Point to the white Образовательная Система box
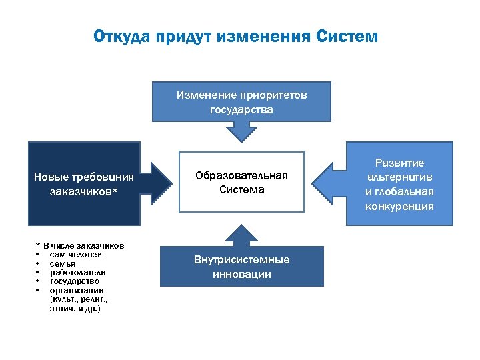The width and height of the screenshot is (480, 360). pos(241,182)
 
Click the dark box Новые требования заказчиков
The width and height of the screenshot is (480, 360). pos(84,183)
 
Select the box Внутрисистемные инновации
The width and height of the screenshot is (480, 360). pos(241,267)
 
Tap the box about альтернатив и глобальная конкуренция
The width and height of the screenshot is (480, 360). pos(399,184)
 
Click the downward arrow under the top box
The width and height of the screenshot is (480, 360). pos(241,133)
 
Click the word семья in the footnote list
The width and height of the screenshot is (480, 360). pos(63,263)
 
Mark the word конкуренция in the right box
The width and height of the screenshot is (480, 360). pos(399,206)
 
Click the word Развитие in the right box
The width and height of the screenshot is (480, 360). pos(399,163)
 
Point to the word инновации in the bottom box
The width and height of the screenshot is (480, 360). pos(241,275)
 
